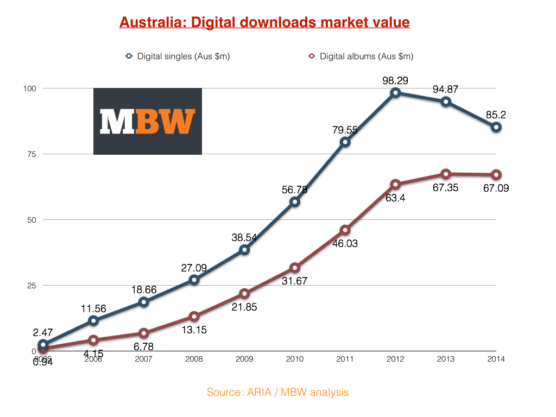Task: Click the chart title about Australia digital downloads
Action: pos(264,23)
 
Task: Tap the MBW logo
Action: pos(148,121)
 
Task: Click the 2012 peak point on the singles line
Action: pos(395,93)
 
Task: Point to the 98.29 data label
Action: pos(395,80)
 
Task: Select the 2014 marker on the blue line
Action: pos(496,127)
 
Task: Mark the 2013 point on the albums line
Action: pos(446,174)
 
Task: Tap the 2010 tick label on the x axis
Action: pos(295,359)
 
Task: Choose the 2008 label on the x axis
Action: pos(194,359)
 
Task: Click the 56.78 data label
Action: pos(295,189)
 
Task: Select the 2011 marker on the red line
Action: pos(345,230)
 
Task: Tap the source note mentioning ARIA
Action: pos(277,392)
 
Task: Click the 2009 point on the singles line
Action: pos(244,250)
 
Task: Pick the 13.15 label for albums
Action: pos(194,330)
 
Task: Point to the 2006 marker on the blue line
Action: pos(93,321)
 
